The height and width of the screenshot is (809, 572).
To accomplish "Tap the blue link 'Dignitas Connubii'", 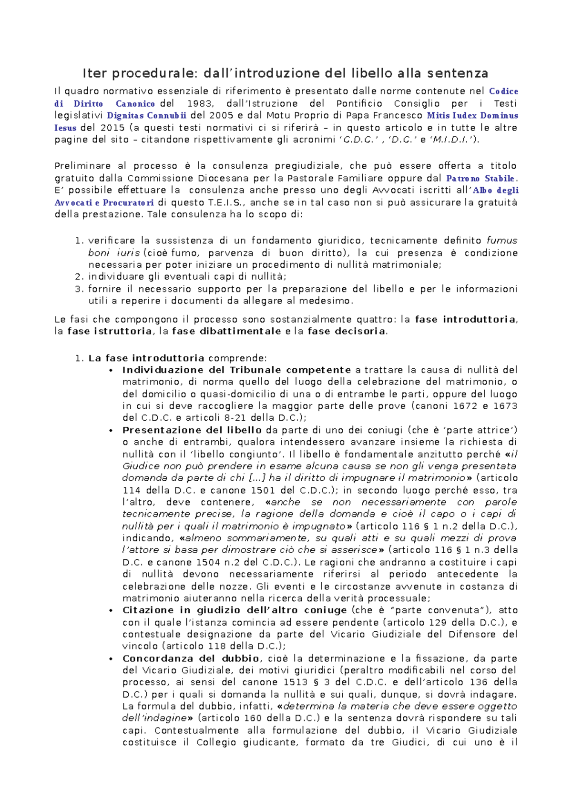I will [147, 116].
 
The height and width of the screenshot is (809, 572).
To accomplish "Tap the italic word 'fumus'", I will [501, 241].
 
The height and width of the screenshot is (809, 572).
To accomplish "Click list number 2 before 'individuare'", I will [80, 277].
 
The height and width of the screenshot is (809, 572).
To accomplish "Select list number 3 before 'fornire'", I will [80, 289].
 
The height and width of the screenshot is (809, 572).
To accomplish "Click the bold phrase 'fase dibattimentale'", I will [226, 332].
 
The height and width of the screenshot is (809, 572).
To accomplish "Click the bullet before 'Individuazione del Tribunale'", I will [111, 371].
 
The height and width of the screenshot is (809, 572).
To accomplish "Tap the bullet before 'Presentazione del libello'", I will [111, 431].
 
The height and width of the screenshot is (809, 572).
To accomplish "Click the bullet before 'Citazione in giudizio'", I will [111, 611].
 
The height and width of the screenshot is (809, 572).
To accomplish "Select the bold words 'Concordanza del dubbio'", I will [191, 659].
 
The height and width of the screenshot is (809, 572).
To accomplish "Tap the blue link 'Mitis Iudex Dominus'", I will [472, 116].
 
